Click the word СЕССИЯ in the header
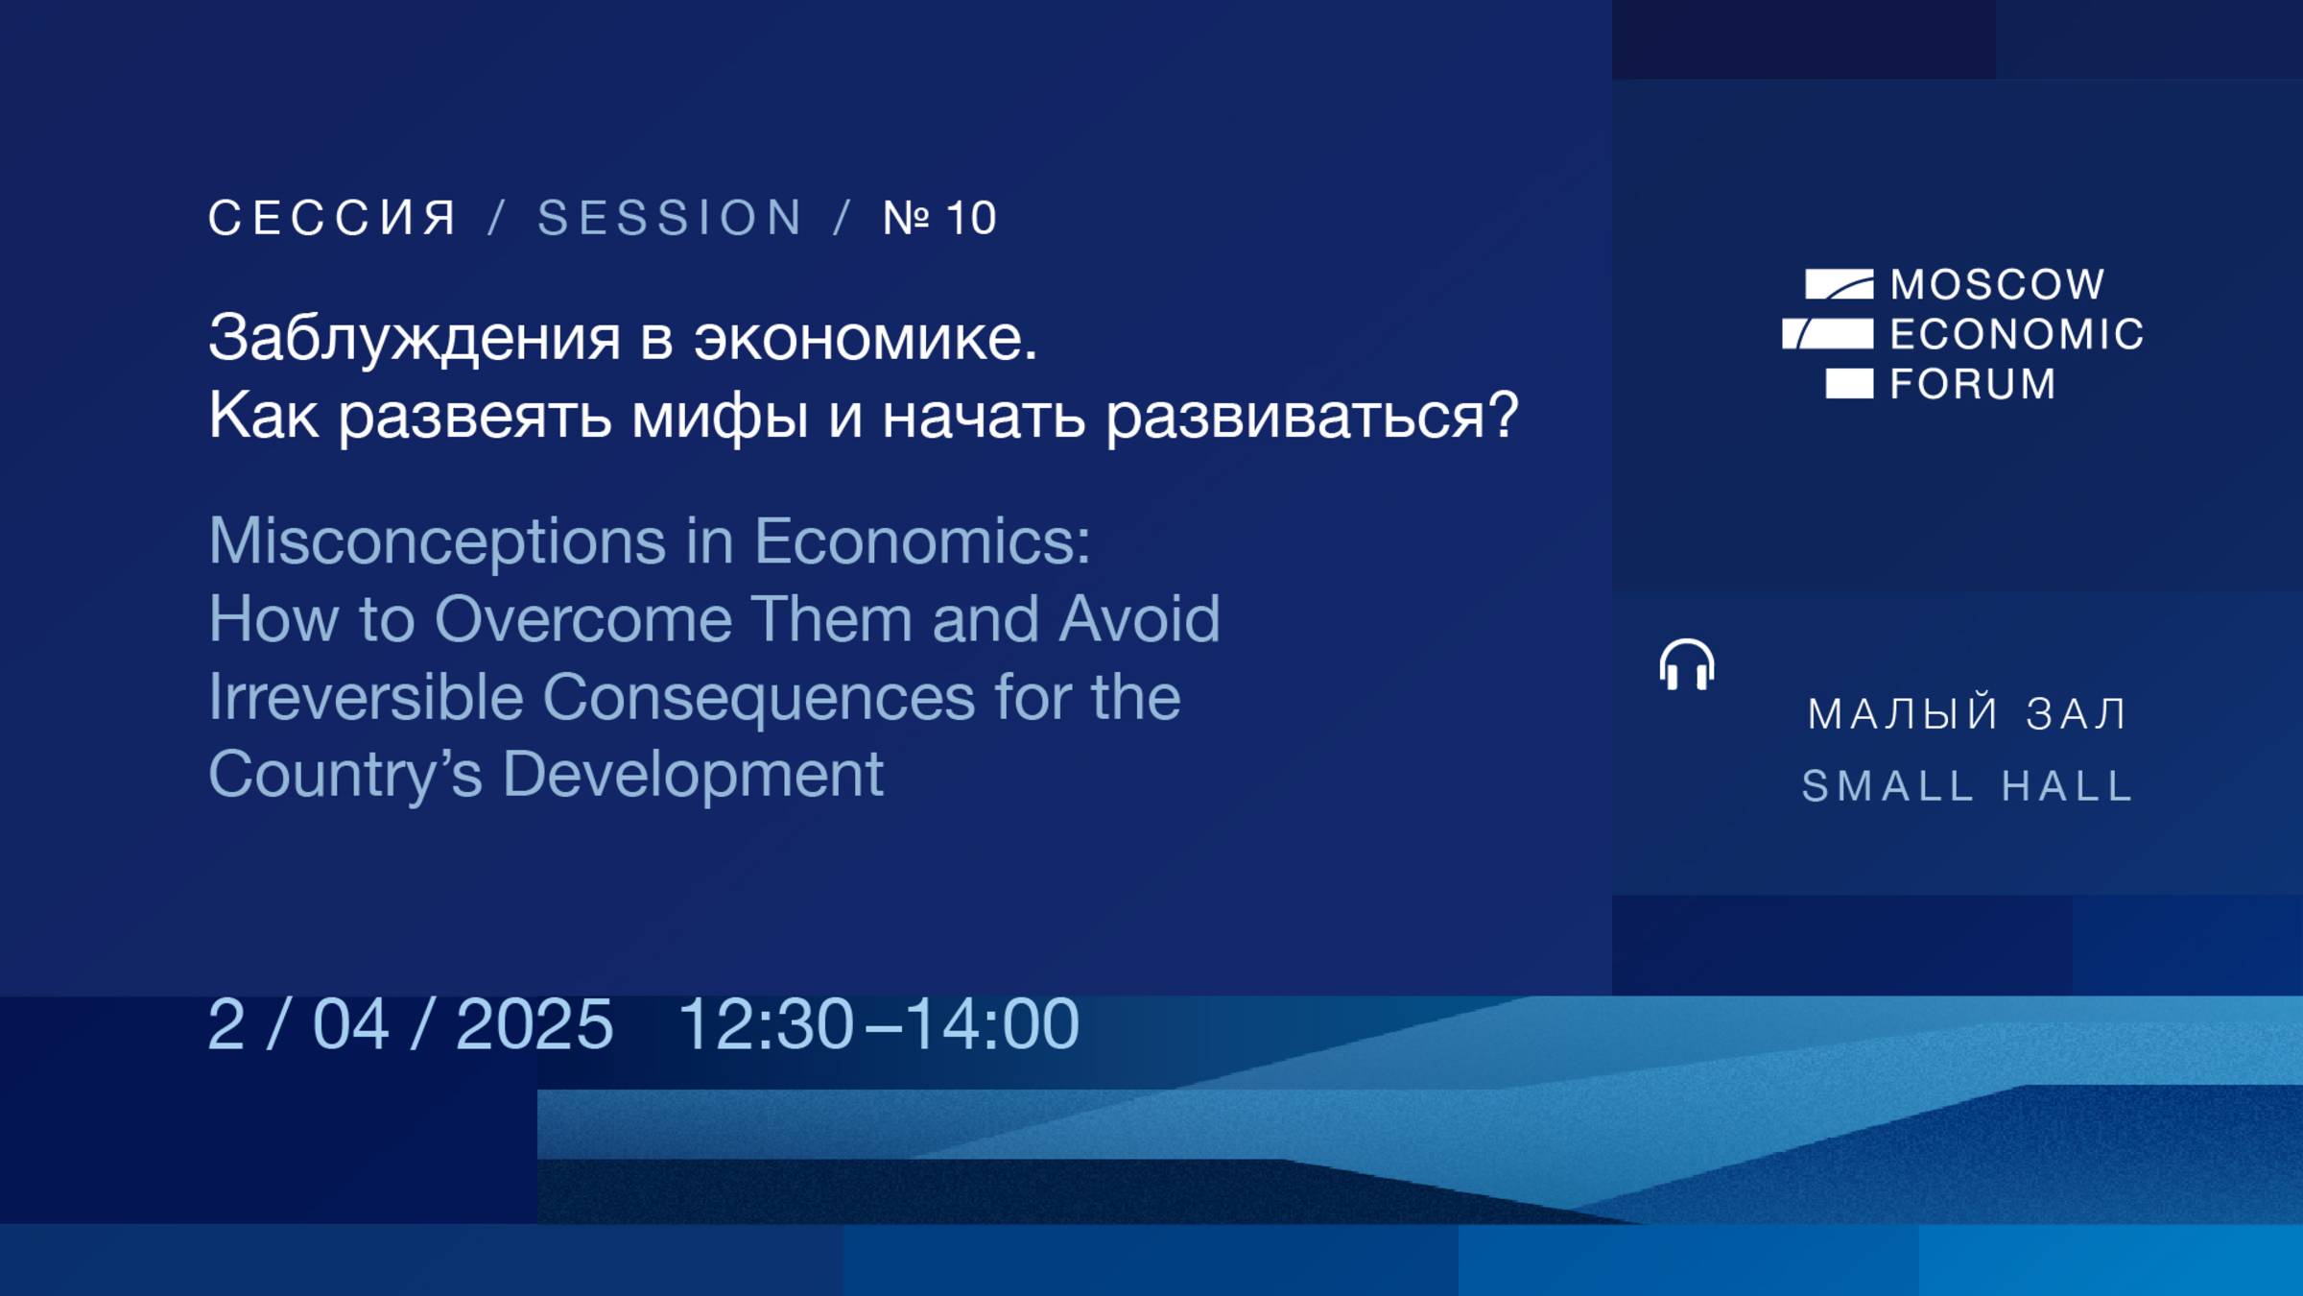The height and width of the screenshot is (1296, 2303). click(332, 218)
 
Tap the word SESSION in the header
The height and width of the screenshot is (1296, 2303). click(670, 218)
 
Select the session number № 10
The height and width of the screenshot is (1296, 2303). click(939, 218)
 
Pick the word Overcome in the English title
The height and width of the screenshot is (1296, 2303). click(582, 619)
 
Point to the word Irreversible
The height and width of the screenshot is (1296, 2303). click(366, 696)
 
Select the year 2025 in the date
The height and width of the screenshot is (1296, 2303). click(534, 1024)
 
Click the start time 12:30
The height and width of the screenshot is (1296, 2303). click(766, 1024)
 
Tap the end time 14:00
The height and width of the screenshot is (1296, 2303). click(992, 1024)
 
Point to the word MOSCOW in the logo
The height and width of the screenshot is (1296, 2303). click(1998, 284)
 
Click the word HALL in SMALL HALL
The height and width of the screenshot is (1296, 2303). click(2068, 786)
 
